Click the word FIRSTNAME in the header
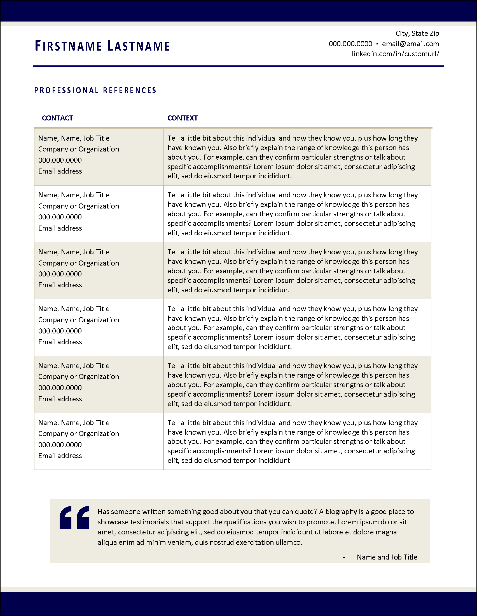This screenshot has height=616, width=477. click(x=68, y=46)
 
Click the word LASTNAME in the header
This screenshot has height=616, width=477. click(x=138, y=46)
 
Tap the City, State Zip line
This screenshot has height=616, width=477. click(x=417, y=34)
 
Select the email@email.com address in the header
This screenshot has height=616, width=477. click(x=410, y=44)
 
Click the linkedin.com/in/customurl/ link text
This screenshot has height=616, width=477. click(x=395, y=54)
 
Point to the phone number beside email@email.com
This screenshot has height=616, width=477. click(x=350, y=44)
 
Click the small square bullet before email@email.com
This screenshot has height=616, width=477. click(x=377, y=44)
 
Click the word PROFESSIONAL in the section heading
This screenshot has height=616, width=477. click(x=66, y=90)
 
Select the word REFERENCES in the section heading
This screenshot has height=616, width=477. click(x=129, y=90)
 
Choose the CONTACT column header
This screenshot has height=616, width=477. click(x=57, y=118)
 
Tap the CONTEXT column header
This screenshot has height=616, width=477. click(x=183, y=118)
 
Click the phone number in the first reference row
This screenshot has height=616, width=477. click(x=60, y=160)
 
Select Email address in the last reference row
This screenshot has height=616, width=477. click(x=60, y=456)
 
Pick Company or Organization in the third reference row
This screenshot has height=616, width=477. click(x=78, y=263)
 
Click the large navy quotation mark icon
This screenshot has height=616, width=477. click(x=74, y=518)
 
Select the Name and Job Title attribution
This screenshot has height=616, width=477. click(x=387, y=557)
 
